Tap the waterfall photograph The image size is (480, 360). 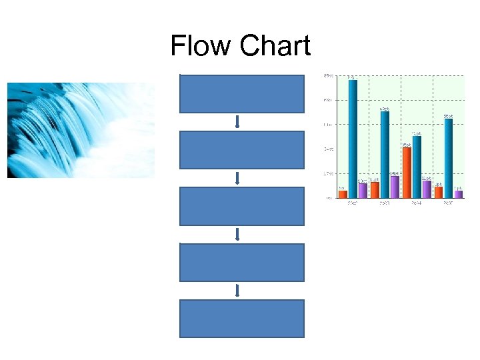tap(81, 130)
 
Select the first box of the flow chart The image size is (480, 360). tap(241, 94)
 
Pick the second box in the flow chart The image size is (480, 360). tap(241, 150)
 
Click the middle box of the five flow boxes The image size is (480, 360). tap(241, 207)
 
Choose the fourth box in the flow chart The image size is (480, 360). tap(241, 263)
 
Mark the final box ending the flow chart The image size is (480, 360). tap(241, 319)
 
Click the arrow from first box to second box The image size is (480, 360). tap(237, 122)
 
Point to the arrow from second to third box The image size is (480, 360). tap(237, 179)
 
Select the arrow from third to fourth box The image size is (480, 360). tap(237, 235)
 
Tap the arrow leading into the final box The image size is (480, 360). tap(237, 291)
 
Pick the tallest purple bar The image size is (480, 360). tap(395, 187)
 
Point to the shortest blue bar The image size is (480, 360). tap(417, 167)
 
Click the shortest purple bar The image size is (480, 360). tap(459, 194)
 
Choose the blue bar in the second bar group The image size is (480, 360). tap(385, 154)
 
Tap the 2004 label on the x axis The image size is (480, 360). tap(416, 202)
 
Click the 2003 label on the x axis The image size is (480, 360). tap(384, 202)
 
